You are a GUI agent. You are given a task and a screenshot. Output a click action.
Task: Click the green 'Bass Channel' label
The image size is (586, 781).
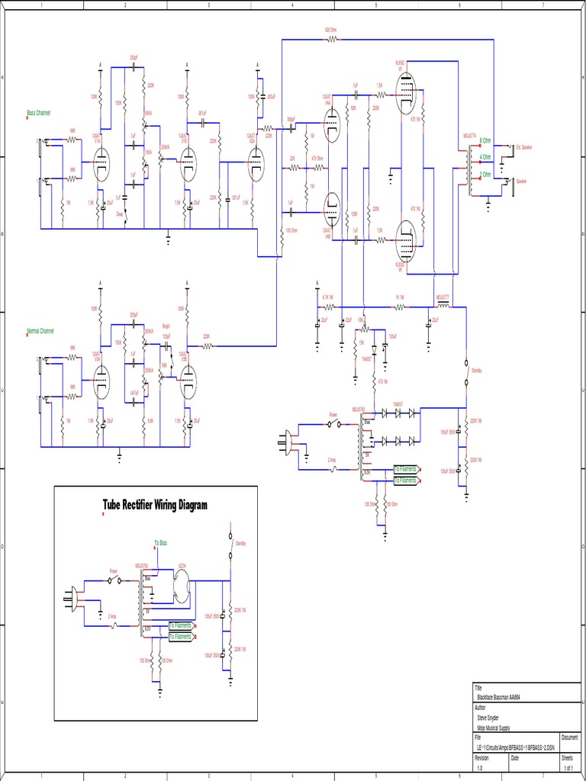point(38,113)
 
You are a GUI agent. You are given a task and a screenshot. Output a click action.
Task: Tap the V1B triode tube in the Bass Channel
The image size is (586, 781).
point(188,164)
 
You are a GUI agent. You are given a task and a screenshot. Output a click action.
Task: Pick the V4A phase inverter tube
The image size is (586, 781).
point(331,124)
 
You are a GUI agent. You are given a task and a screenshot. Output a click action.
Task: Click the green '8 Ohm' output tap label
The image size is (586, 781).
point(485,141)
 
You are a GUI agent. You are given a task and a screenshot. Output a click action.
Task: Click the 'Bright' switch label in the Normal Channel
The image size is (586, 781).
point(166,326)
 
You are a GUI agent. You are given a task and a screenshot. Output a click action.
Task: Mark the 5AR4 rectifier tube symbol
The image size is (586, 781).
point(182,586)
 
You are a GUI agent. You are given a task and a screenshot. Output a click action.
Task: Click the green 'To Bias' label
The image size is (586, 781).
point(160,542)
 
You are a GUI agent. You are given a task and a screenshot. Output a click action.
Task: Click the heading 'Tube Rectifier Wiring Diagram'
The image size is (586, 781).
point(155,505)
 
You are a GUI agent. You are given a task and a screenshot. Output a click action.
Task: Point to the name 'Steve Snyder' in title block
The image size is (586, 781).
point(489,718)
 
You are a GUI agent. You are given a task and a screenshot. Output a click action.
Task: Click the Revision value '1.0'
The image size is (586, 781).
point(480,768)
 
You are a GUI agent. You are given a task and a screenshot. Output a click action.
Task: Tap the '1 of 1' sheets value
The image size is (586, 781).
point(567,768)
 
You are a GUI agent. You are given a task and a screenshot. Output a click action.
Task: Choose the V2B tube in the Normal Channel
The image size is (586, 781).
point(188,381)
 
